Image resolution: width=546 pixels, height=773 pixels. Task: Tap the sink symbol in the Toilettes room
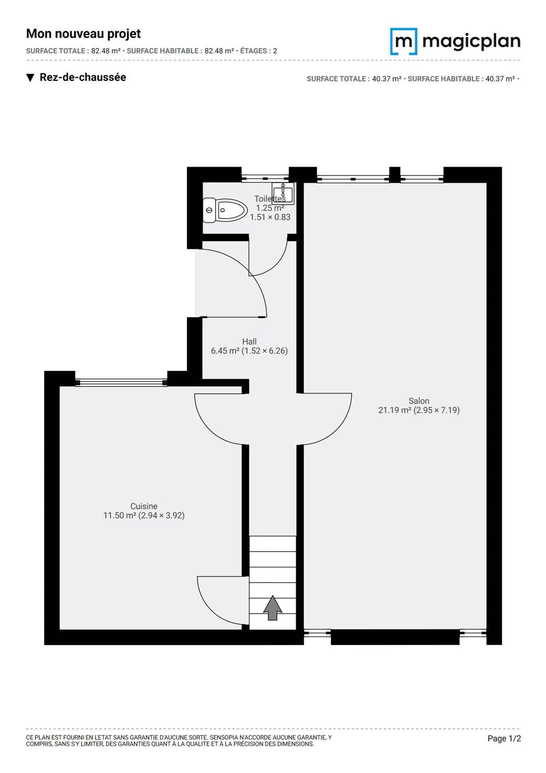[283, 194]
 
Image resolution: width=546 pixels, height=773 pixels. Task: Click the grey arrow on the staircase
[272, 608]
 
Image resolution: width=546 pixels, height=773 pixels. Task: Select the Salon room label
[419, 401]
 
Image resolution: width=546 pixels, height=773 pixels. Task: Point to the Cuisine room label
[144, 506]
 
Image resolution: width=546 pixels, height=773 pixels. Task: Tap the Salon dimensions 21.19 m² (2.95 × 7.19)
[419, 410]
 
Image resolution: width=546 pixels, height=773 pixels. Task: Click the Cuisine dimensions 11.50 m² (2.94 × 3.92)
[144, 515]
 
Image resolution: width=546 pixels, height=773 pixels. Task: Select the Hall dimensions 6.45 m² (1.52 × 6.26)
[249, 351]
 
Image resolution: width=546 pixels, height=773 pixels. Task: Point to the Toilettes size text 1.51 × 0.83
[270, 217]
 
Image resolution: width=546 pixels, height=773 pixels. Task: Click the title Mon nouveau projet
[83, 34]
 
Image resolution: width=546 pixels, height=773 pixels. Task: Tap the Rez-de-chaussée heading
[83, 77]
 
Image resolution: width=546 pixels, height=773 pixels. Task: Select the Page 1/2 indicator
[504, 738]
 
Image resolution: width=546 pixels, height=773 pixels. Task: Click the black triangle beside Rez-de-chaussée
[30, 78]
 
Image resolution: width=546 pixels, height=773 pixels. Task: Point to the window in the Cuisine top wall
[121, 382]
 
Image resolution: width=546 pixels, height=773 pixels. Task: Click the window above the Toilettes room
[265, 178]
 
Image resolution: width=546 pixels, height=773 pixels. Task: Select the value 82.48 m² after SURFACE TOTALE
[106, 51]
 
